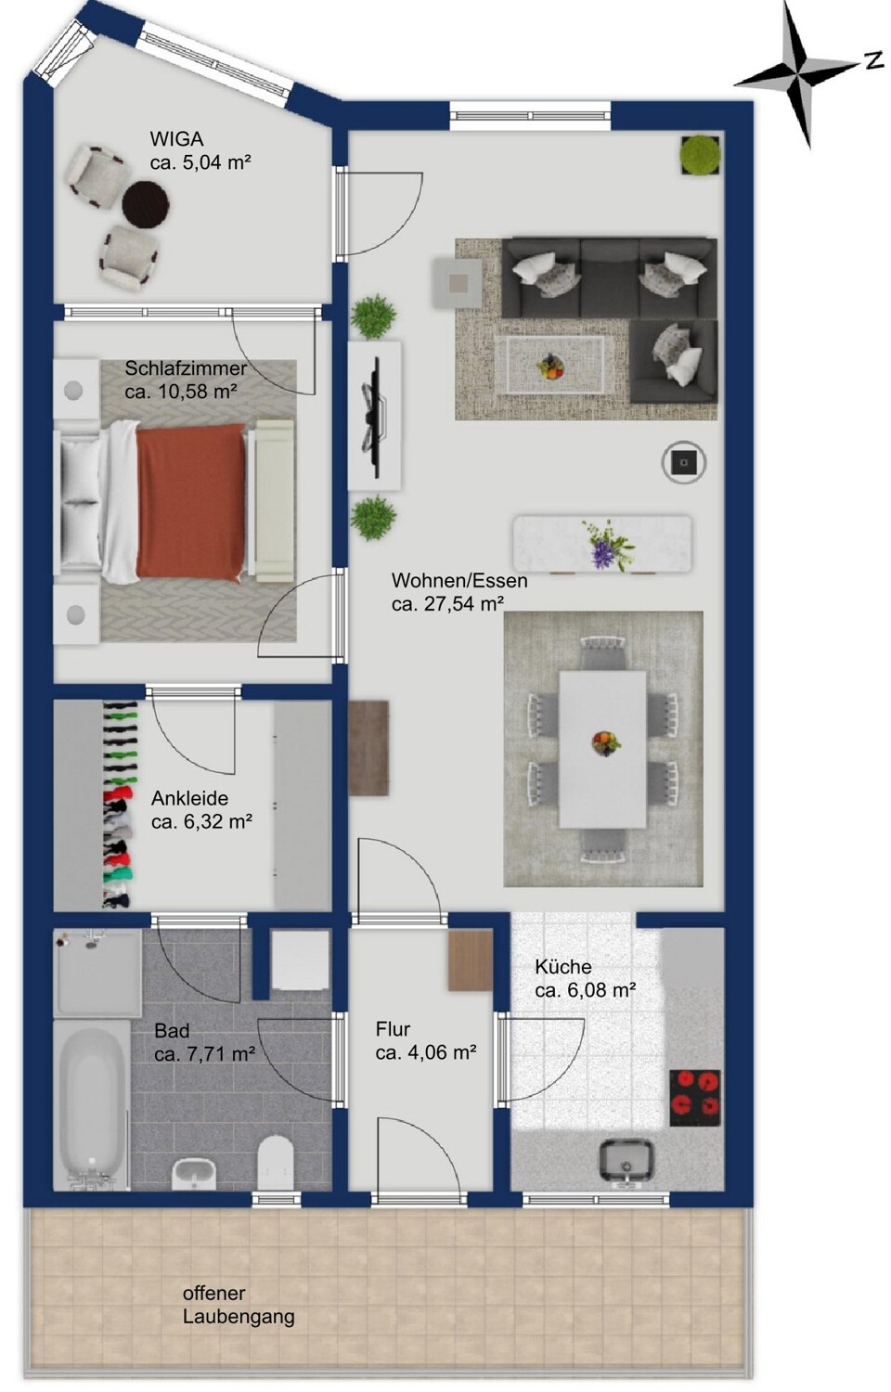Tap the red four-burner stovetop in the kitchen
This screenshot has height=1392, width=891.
[x=695, y=1098]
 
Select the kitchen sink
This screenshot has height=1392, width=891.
[x=626, y=1159]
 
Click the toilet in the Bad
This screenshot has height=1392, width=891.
[x=276, y=1162]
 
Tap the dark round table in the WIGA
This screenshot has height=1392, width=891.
[x=146, y=203]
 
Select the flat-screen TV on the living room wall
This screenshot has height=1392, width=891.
[x=373, y=417]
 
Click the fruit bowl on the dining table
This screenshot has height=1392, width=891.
[x=606, y=743]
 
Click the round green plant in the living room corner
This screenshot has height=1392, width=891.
[x=701, y=155]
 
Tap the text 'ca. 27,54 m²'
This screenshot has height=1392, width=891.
[x=447, y=604]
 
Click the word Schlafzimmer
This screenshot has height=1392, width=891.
[x=186, y=368]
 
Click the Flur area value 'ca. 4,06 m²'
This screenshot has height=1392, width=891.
[x=426, y=1052]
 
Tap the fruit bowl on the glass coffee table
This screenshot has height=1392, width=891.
[x=550, y=366]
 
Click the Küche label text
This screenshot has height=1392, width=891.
[x=563, y=967]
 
